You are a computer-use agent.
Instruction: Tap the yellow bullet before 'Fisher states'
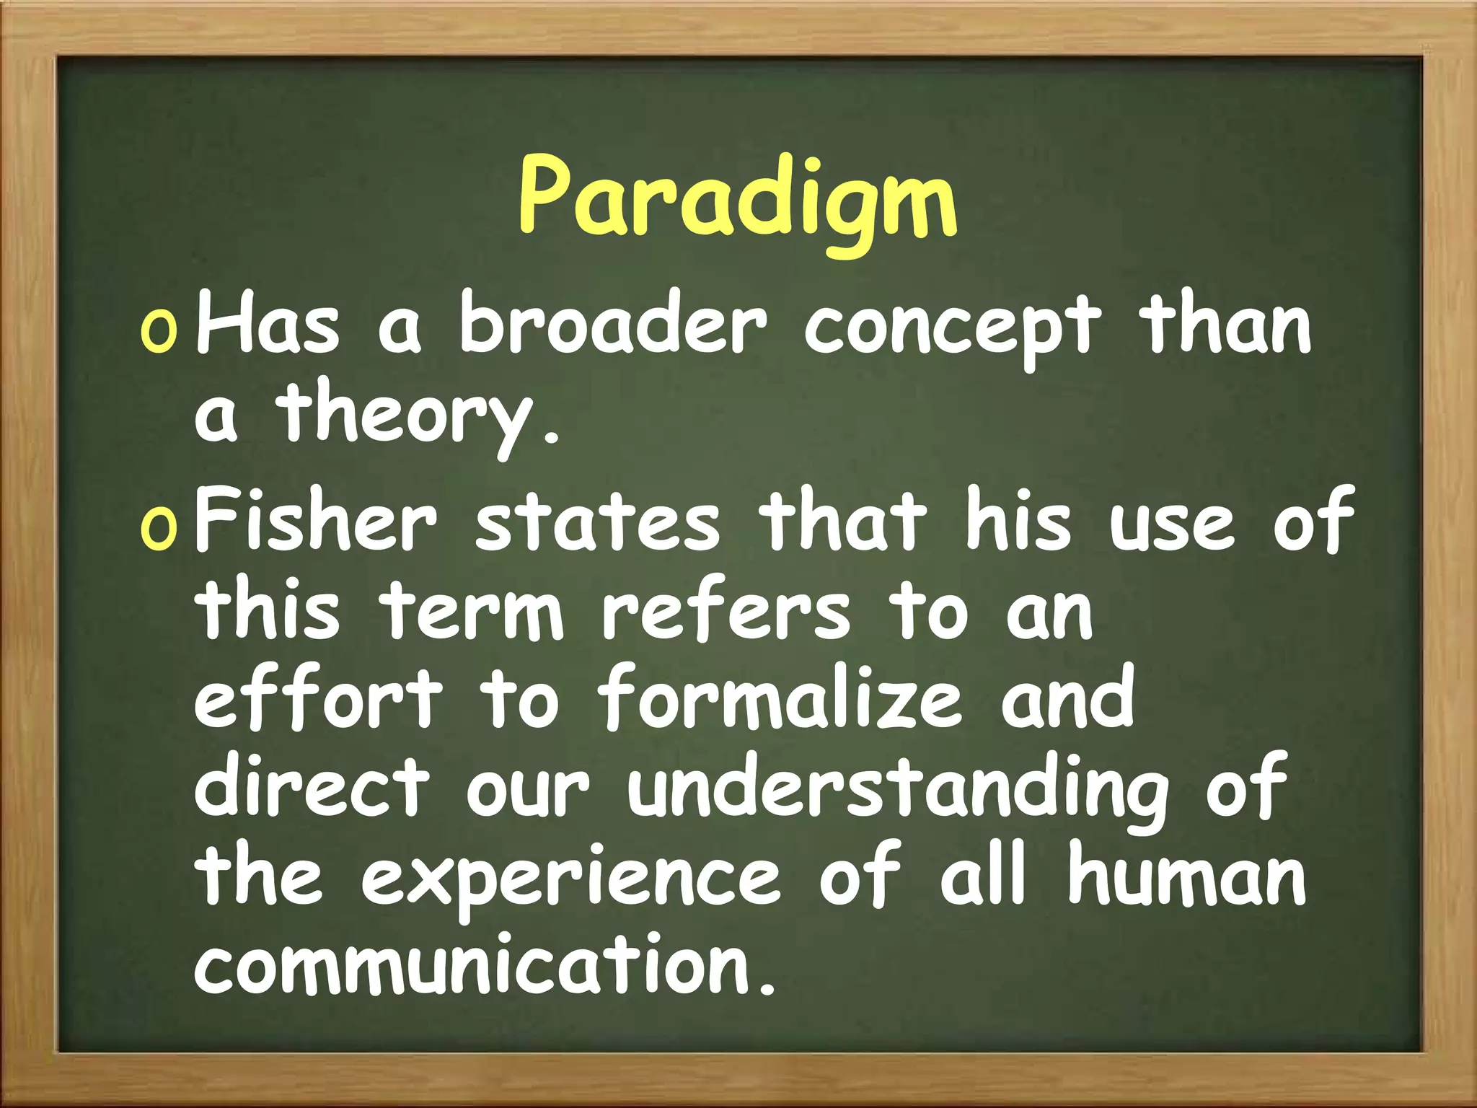click(158, 527)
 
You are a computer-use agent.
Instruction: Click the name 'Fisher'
click(316, 519)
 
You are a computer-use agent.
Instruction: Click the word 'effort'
click(318, 698)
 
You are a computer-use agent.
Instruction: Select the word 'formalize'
click(780, 698)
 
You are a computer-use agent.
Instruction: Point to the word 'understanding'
click(897, 791)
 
